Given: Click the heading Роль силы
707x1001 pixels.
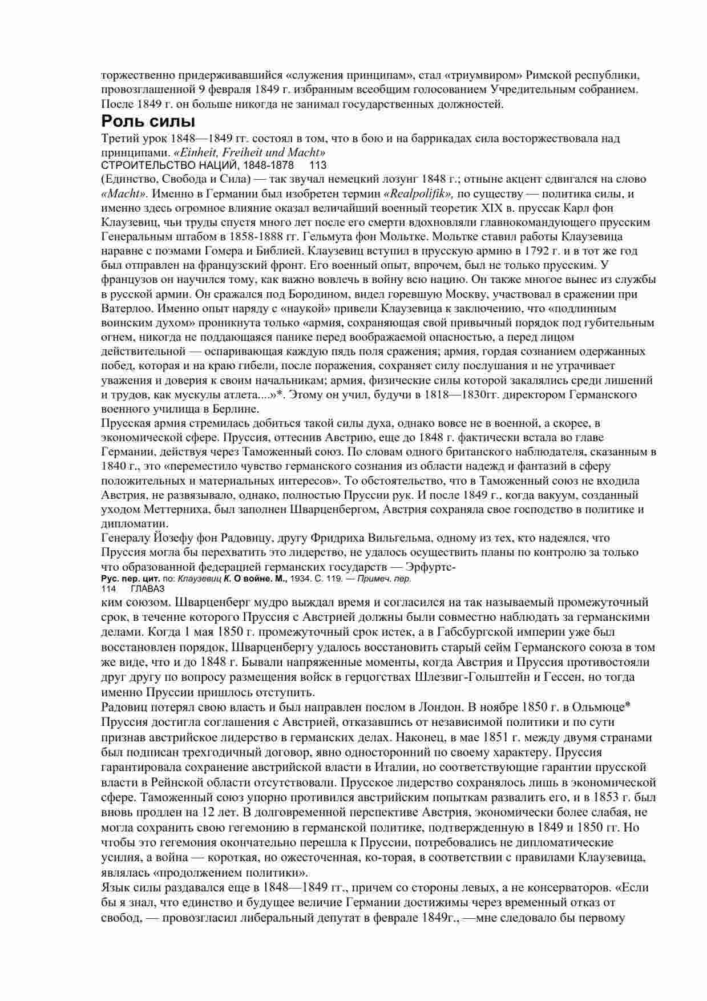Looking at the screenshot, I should tap(148, 122).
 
